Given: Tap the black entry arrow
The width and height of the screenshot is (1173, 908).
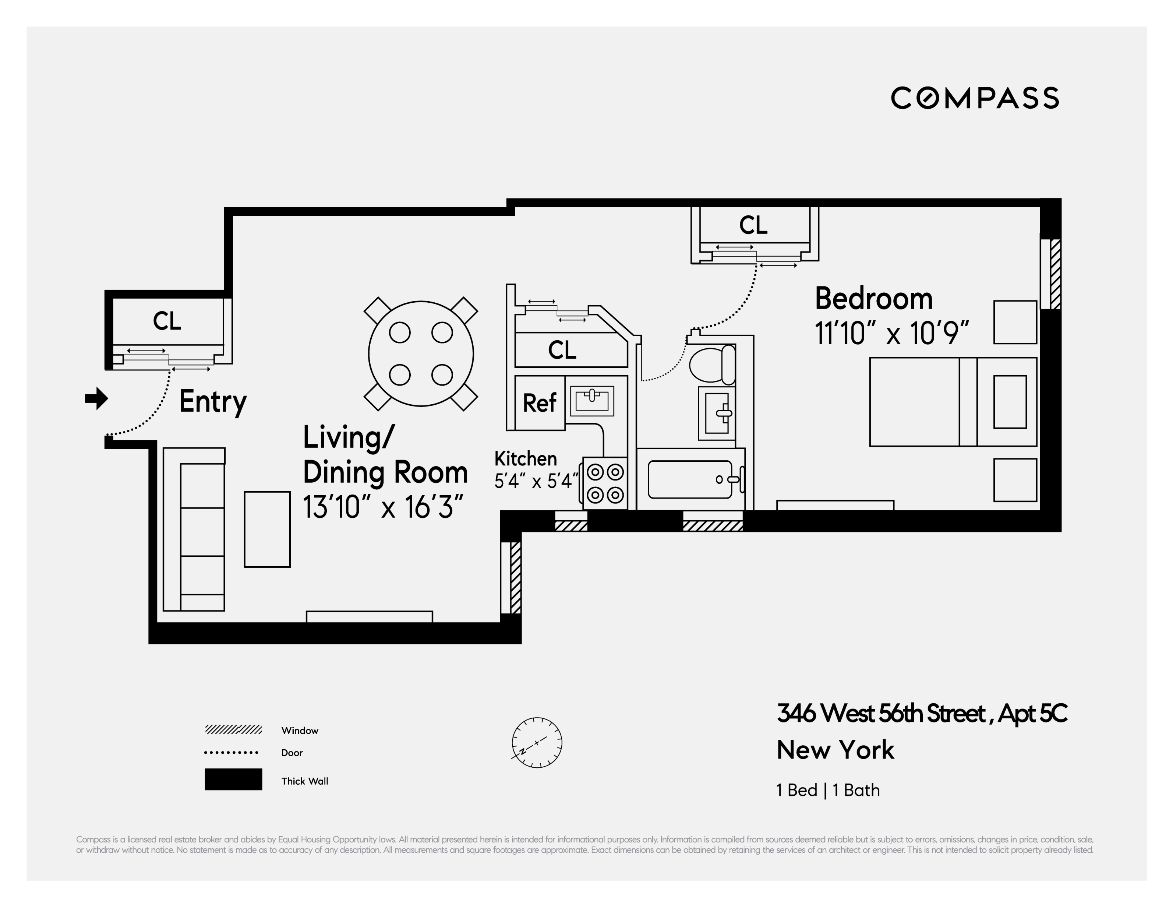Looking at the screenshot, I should tap(97, 399).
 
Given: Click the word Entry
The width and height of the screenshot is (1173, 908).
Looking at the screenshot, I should tap(213, 401).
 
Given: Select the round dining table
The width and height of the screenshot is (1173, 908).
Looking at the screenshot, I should tap(421, 353).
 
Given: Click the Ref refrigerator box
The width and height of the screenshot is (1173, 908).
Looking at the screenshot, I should tap(539, 403).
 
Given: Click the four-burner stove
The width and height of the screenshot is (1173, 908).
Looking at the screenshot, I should tap(605, 483).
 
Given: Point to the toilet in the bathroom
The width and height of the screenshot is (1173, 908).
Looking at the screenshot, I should tap(712, 364).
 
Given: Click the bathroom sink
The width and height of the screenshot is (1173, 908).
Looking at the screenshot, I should tap(717, 413).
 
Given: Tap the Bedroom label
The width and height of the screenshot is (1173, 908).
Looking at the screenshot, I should tap(873, 299).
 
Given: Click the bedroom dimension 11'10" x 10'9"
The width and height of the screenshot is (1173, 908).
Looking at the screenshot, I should tap(891, 334).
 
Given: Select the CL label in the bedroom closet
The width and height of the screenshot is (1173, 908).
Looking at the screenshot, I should tap(753, 225).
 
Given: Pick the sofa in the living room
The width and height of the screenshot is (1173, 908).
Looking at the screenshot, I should tap(194, 529).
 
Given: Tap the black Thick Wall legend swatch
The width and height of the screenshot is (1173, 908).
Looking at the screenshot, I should tap(233, 779).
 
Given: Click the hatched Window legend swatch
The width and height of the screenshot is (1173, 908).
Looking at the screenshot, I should tap(233, 730).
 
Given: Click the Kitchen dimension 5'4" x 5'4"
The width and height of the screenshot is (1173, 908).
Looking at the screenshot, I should tap(536, 481).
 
